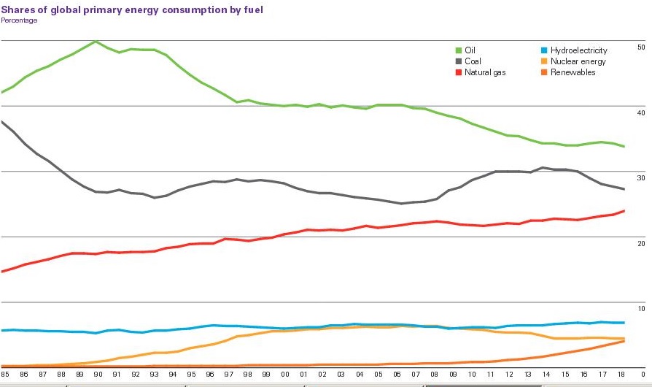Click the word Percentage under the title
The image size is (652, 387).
[x=19, y=20]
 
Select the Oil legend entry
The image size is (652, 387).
[x=470, y=50]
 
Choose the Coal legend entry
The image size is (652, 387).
[x=473, y=61]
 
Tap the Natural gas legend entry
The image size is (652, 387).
[x=484, y=72]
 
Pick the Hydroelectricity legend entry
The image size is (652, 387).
[x=578, y=50]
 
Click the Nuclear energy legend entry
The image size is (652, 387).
[x=578, y=61]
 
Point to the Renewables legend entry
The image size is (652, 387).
[x=573, y=72]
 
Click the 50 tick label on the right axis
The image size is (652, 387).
[x=641, y=47]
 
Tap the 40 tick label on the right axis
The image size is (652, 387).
[x=641, y=112]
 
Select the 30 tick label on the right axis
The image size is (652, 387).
[x=641, y=178]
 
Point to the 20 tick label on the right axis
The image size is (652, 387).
[x=641, y=243]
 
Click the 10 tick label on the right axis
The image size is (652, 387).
[x=641, y=309]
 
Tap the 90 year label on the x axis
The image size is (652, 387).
[x=98, y=374]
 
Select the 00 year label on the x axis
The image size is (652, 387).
[x=285, y=374]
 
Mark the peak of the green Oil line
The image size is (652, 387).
[x=96, y=42]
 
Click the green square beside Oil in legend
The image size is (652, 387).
[x=459, y=50]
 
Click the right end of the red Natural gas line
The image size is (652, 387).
[x=624, y=211]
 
